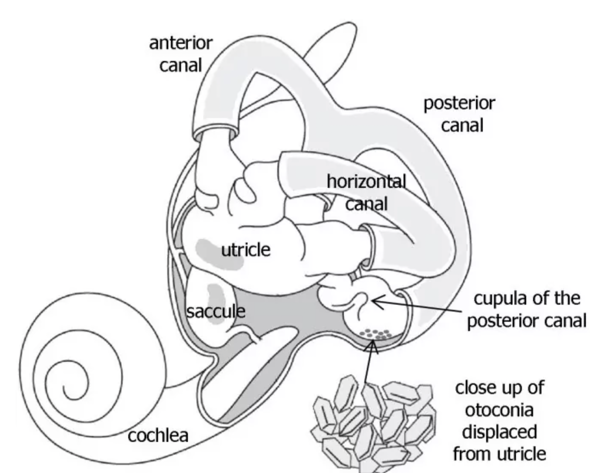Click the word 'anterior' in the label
point(181,43)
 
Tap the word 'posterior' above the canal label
point(459,104)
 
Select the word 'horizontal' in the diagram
point(366,182)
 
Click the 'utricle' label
point(246,250)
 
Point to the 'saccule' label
point(216,311)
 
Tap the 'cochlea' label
point(158,436)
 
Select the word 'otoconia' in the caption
point(499,410)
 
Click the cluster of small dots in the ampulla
point(375,334)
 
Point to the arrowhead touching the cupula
point(375,301)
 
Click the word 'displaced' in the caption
point(499,432)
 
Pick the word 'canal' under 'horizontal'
point(366,204)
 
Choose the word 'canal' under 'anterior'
point(181,65)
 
